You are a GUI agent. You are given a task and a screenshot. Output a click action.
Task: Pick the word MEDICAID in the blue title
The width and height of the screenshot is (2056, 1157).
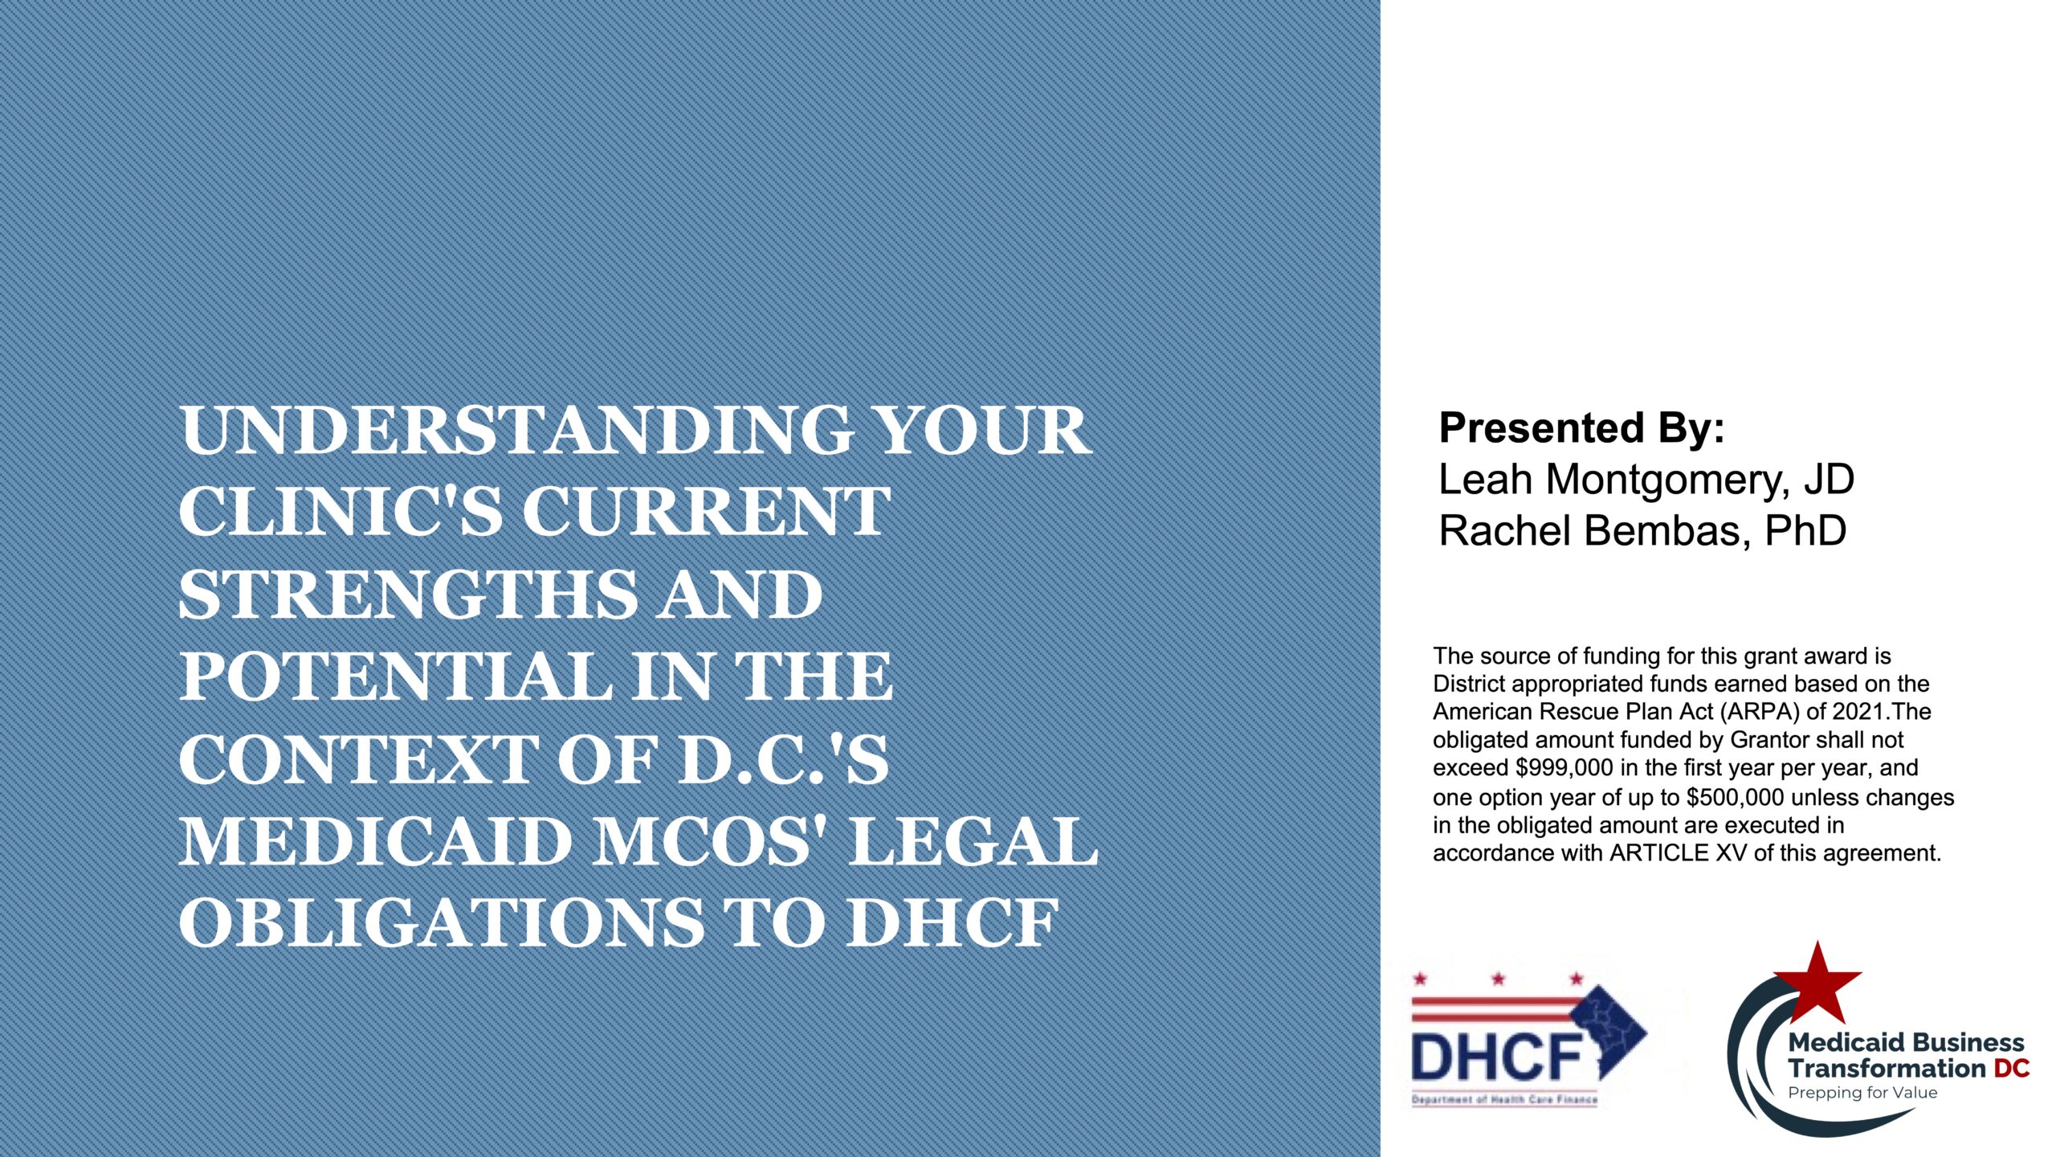pyautogui.click(x=373, y=842)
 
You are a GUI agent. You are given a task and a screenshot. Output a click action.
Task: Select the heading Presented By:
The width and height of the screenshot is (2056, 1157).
pyautogui.click(x=1581, y=427)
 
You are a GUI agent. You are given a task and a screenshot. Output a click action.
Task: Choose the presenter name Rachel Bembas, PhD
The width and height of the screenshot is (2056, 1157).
pyautogui.click(x=1642, y=531)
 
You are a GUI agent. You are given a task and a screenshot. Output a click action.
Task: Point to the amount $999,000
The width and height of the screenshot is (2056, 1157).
pyautogui.click(x=1564, y=768)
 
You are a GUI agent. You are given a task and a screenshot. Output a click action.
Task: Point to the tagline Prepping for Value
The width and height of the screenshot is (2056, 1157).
pyautogui.click(x=1862, y=1093)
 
